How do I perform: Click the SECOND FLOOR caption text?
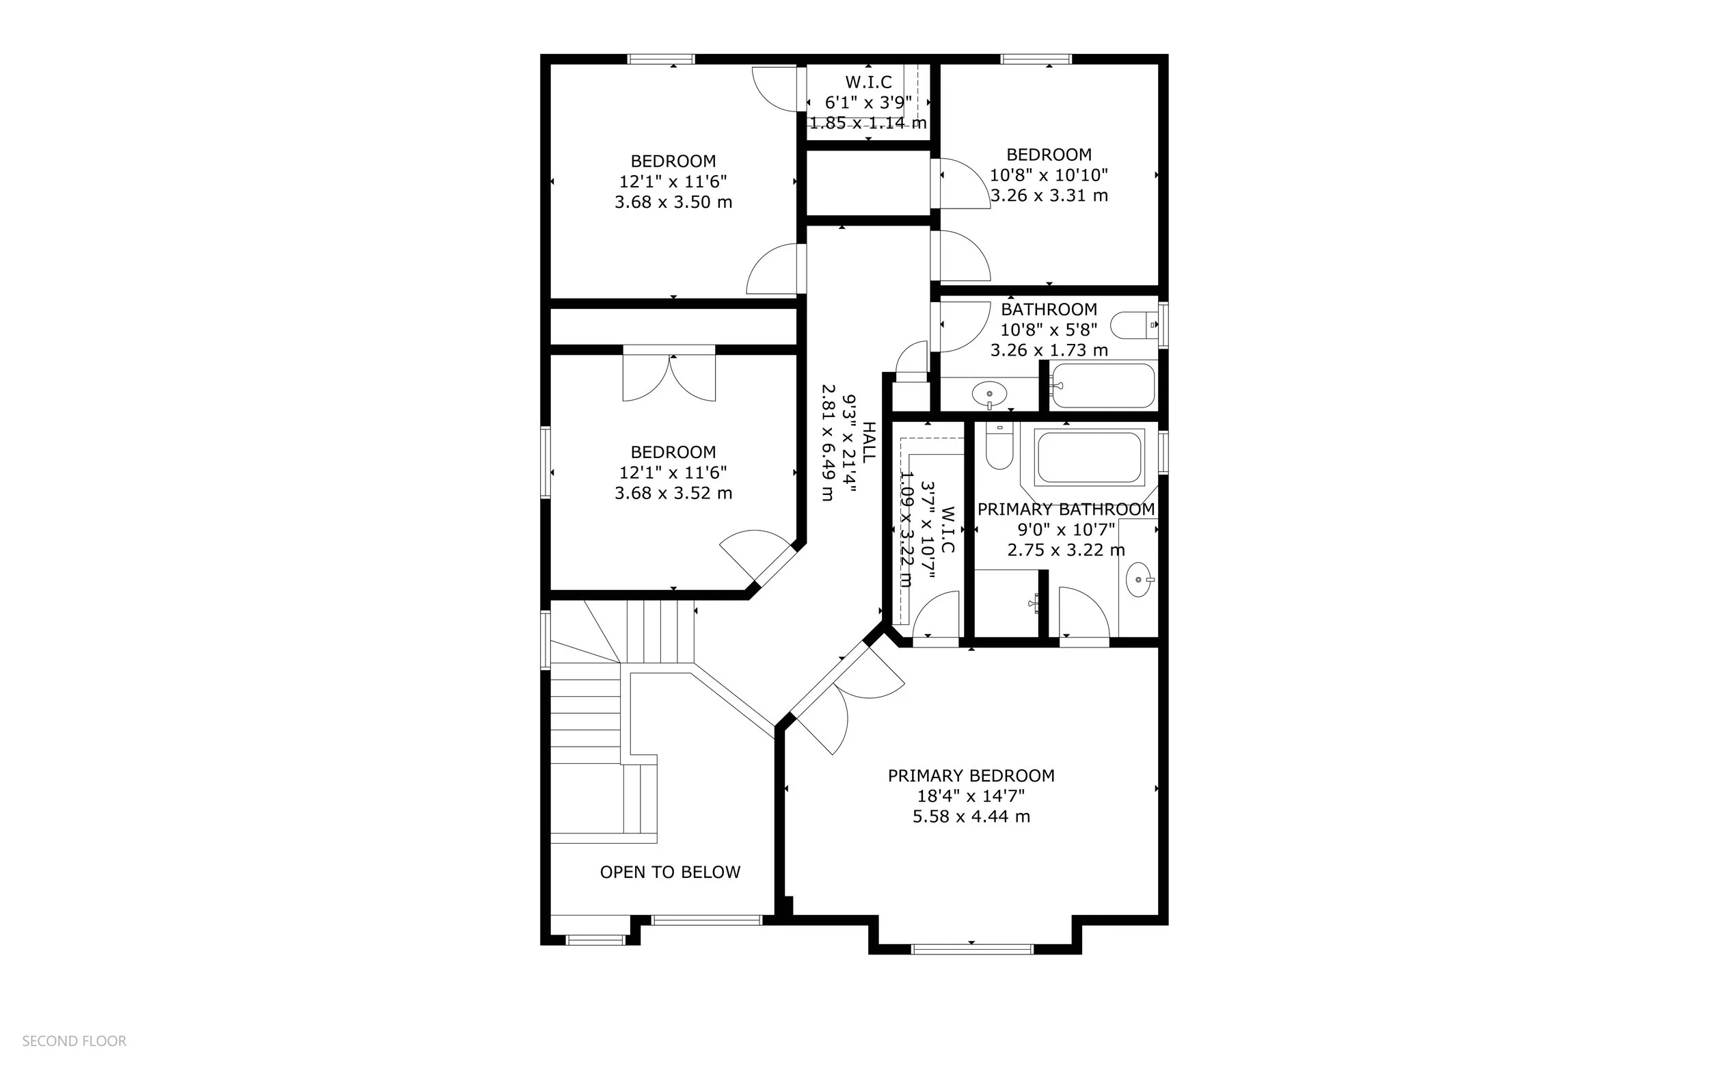74,1041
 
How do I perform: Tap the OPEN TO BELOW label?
669,872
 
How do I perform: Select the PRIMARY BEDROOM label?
970,775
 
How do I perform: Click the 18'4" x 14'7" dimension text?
970,796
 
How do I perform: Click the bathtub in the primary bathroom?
1088,457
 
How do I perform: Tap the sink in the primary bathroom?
1138,579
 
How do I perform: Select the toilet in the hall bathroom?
1133,325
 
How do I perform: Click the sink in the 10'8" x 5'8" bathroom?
988,394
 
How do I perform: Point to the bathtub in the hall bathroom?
1103,386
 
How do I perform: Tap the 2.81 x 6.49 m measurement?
828,442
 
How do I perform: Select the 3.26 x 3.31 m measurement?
1048,196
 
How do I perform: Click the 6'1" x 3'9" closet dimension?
868,103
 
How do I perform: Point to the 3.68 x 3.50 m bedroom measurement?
673,202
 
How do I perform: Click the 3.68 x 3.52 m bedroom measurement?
673,493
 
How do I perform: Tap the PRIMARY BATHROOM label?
1065,509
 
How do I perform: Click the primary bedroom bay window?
971,948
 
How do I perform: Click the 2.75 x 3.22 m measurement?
1065,550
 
